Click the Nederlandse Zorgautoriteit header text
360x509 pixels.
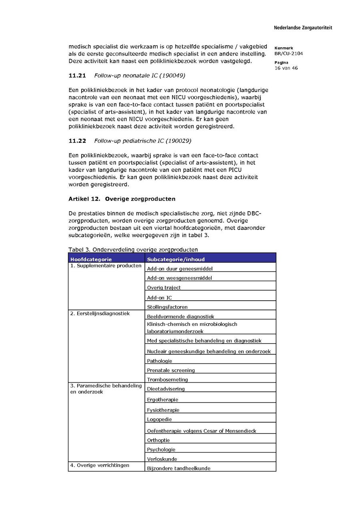point(303,28)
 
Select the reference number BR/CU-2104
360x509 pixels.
point(286,53)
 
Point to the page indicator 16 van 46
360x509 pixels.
point(286,68)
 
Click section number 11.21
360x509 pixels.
point(77,75)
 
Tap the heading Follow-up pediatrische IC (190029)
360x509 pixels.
point(142,141)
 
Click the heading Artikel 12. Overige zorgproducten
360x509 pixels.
point(122,199)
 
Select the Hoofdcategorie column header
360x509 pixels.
point(91,259)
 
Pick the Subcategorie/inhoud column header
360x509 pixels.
point(176,259)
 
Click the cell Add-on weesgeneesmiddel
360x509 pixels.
point(180,278)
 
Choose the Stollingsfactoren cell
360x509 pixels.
point(167,307)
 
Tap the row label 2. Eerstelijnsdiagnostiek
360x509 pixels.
point(100,313)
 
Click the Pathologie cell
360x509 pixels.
point(160,361)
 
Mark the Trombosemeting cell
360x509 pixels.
point(167,379)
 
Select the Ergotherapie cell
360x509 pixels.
point(163,399)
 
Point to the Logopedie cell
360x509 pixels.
point(160,419)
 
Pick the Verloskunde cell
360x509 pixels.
point(162,459)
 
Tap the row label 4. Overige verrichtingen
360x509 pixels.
point(100,465)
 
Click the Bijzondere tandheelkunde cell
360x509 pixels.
point(178,468)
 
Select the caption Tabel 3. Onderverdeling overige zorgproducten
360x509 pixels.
point(133,250)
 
